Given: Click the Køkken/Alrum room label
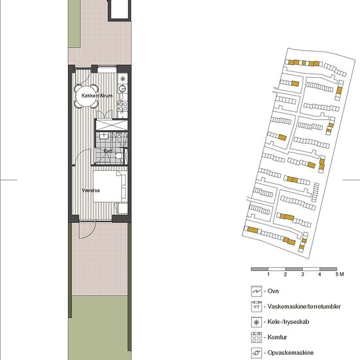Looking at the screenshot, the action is tap(97, 96).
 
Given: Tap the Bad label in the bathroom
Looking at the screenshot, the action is tap(108, 151).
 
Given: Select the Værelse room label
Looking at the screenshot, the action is tap(91, 190).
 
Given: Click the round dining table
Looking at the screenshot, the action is tap(86, 96).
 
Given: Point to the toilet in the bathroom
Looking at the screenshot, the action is tap(119, 156).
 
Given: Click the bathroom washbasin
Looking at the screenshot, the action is tap(104, 135).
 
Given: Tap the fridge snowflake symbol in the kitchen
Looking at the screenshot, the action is tap(123, 79).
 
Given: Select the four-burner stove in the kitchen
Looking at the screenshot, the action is tap(122, 106).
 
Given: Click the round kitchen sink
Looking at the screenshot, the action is tap(122, 88).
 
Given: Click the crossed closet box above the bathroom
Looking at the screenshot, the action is tap(111, 125).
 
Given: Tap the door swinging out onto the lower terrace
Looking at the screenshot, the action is tap(88, 230).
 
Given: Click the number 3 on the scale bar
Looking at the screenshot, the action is tap(302, 274).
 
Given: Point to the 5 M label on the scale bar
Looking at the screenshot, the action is tap(339, 274).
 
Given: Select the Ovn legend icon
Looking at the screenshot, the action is tap(257, 291).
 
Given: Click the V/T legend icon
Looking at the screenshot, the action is tap(257, 307).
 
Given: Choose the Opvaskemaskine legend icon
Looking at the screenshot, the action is tap(257, 353).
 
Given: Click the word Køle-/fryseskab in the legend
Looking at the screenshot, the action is tap(288, 322).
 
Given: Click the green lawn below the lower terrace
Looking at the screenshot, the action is tap(99, 328).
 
